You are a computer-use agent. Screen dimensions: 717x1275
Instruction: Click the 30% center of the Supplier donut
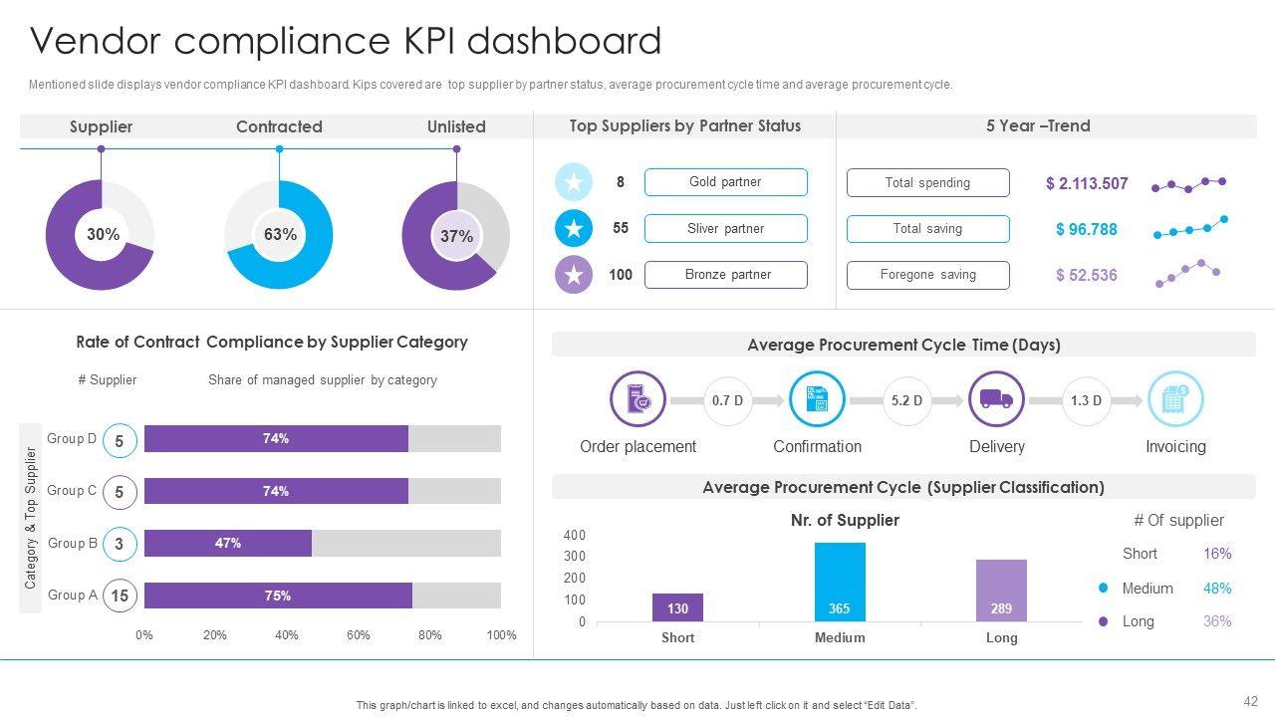click(103, 235)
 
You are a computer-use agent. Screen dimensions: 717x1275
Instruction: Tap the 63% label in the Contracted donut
click(280, 235)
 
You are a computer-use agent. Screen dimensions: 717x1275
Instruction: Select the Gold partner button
click(725, 182)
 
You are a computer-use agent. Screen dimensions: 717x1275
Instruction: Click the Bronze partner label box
click(725, 275)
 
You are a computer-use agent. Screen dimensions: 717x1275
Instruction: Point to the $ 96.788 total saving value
click(1086, 229)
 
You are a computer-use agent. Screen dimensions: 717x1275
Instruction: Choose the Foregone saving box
click(927, 275)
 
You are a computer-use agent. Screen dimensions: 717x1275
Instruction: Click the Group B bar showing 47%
click(228, 543)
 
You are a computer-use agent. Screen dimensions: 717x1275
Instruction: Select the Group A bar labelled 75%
click(278, 596)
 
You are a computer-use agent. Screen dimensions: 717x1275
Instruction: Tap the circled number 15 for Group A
click(120, 596)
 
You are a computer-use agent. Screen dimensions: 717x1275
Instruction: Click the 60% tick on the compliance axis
click(359, 635)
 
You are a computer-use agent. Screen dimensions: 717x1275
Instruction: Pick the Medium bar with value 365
click(840, 583)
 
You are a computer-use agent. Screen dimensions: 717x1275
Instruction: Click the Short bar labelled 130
click(677, 607)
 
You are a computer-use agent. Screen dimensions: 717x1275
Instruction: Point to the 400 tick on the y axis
click(575, 535)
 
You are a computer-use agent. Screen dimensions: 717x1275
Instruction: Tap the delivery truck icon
click(996, 399)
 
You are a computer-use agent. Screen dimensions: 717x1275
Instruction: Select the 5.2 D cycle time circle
click(906, 400)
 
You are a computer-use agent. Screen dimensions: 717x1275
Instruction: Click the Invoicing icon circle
click(1175, 399)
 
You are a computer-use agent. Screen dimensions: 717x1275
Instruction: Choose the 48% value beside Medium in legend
click(1217, 589)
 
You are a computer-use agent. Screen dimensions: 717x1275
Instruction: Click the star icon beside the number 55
click(574, 228)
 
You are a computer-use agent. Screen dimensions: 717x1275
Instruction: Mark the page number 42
click(1251, 701)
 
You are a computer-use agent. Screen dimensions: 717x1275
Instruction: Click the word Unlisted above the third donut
click(456, 126)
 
